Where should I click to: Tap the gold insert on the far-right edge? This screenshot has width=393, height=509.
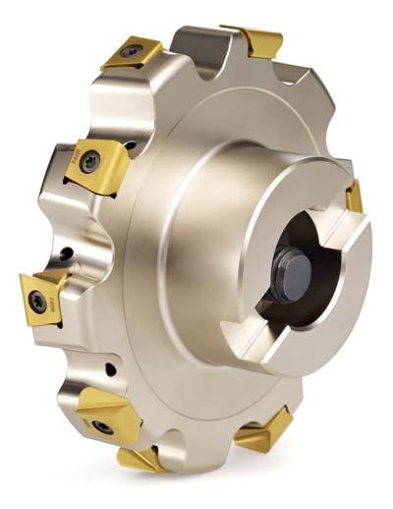pyautogui.click(x=355, y=196)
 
